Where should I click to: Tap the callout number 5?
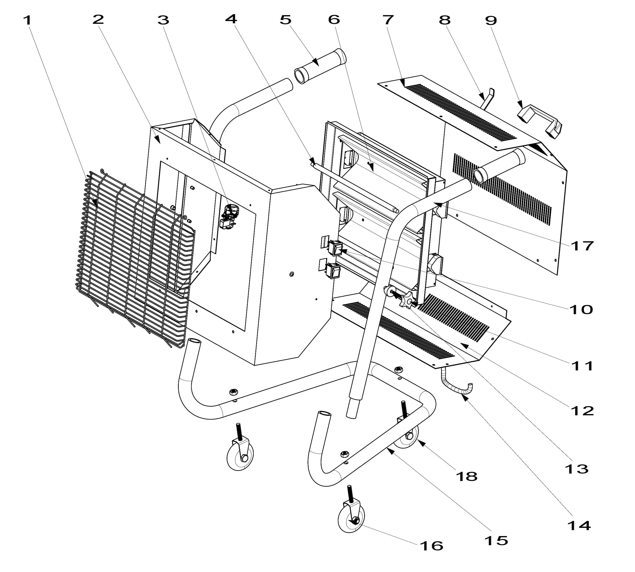tap(286, 20)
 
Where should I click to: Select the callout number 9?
tap(491, 21)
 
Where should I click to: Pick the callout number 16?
tap(432, 546)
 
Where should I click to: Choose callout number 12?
tap(582, 411)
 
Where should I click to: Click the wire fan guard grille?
tap(135, 259)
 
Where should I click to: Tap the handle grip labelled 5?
tap(320, 66)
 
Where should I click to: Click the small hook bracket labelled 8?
tap(488, 98)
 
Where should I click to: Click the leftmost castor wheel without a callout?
tap(240, 450)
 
